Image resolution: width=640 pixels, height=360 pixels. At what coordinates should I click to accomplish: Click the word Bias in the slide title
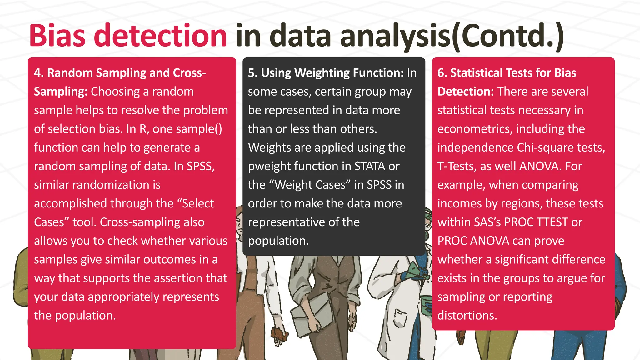[57, 36]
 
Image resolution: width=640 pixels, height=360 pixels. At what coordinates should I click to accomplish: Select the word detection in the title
[160, 36]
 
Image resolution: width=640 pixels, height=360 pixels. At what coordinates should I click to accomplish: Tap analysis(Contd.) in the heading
[452, 36]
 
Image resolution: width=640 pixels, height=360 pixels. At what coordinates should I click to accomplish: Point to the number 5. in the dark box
[253, 73]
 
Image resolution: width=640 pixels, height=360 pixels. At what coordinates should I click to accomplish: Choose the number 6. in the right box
[442, 73]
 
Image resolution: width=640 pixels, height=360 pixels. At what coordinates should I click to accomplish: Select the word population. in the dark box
[278, 241]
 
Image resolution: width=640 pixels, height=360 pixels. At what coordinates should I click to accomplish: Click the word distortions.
[467, 315]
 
